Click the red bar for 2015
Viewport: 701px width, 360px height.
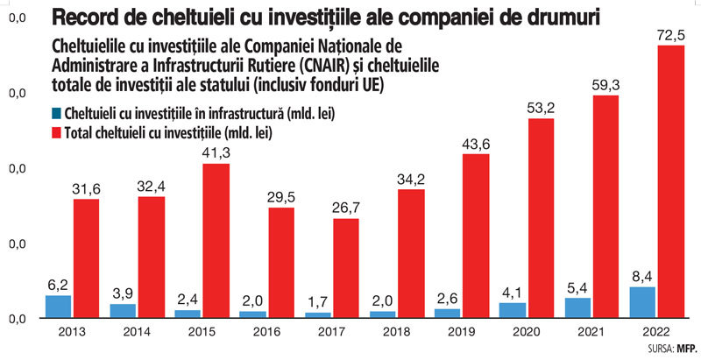coord(216,241)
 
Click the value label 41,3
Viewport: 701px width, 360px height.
coord(216,153)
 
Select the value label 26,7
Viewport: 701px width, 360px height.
coord(345,208)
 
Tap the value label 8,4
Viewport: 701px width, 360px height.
coord(643,276)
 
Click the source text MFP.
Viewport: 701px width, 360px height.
coord(687,349)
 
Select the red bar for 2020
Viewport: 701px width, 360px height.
coord(541,218)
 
